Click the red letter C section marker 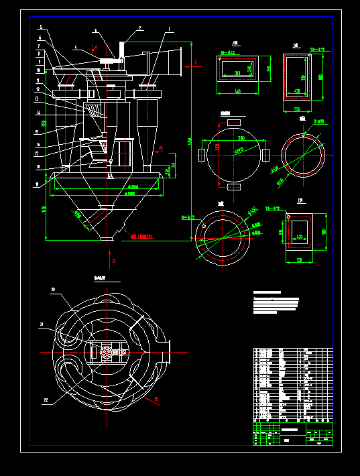196,63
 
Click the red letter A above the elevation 96,48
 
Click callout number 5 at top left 41,27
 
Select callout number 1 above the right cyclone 169,29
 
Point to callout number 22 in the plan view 46,400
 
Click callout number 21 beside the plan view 42,324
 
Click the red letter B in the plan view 156,400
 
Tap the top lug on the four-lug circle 234,122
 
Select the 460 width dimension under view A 237,91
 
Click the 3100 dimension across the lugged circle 240,137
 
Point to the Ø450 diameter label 253,211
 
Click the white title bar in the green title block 290,429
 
